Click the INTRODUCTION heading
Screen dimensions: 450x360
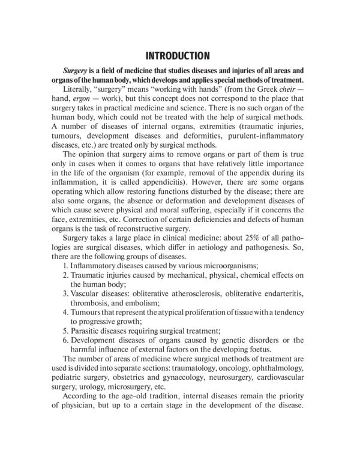180,56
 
